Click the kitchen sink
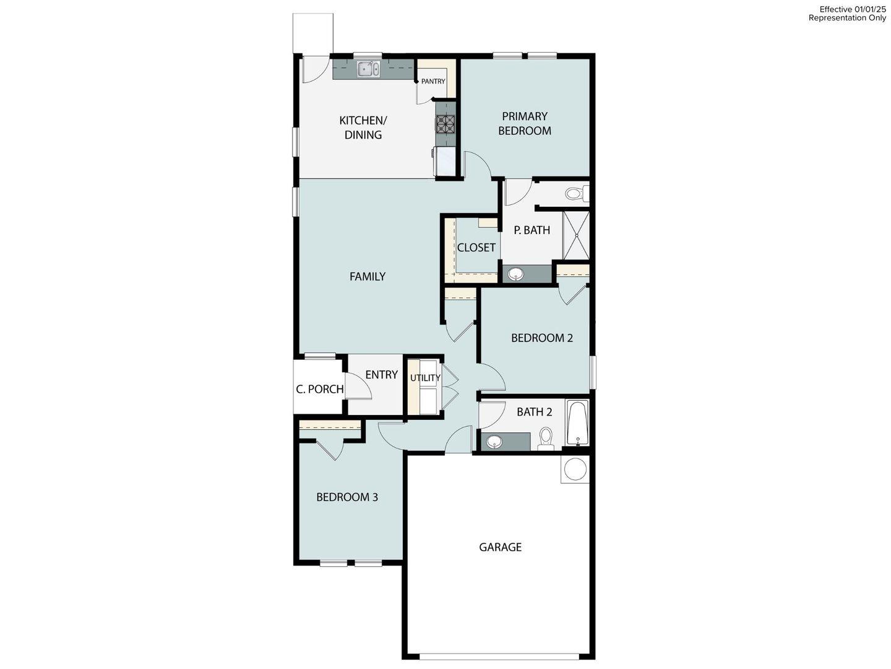[368, 69]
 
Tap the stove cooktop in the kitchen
[445, 125]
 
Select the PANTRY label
[433, 81]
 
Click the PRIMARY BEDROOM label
[525, 123]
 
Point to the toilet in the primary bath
[574, 195]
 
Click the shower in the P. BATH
[576, 235]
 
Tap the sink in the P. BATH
[514, 274]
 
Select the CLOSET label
[476, 248]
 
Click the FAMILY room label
[368, 277]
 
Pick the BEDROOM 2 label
[541, 338]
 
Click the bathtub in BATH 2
[577, 423]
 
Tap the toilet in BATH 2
[546, 439]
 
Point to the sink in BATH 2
[494, 442]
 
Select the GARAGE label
[500, 547]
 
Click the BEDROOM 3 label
[346, 497]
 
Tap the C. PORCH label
[319, 389]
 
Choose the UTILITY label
[425, 378]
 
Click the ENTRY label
[381, 375]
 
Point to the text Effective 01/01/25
[853, 9]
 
